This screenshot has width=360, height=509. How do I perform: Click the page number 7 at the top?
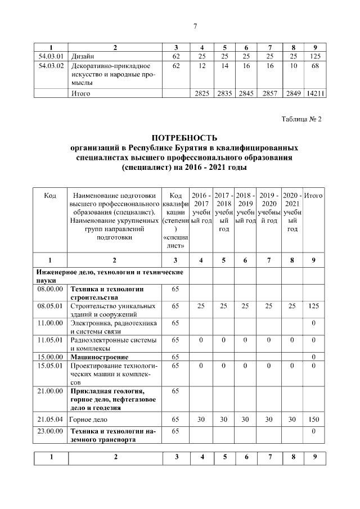(x=195, y=26)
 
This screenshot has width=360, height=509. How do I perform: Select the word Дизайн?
(x=82, y=56)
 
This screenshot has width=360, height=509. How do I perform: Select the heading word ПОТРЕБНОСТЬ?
(x=184, y=137)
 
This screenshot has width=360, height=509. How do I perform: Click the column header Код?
(x=50, y=195)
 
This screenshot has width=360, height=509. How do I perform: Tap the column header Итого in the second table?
(x=314, y=195)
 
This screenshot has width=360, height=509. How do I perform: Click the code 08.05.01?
(x=51, y=306)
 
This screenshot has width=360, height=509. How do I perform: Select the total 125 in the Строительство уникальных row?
(x=314, y=306)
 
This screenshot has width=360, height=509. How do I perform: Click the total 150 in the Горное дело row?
(x=314, y=420)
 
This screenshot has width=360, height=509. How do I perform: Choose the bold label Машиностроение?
(x=99, y=357)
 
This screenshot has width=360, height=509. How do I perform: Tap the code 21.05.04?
(x=51, y=420)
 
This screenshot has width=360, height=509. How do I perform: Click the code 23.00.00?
(x=51, y=431)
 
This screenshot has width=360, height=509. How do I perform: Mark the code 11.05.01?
(x=51, y=340)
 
